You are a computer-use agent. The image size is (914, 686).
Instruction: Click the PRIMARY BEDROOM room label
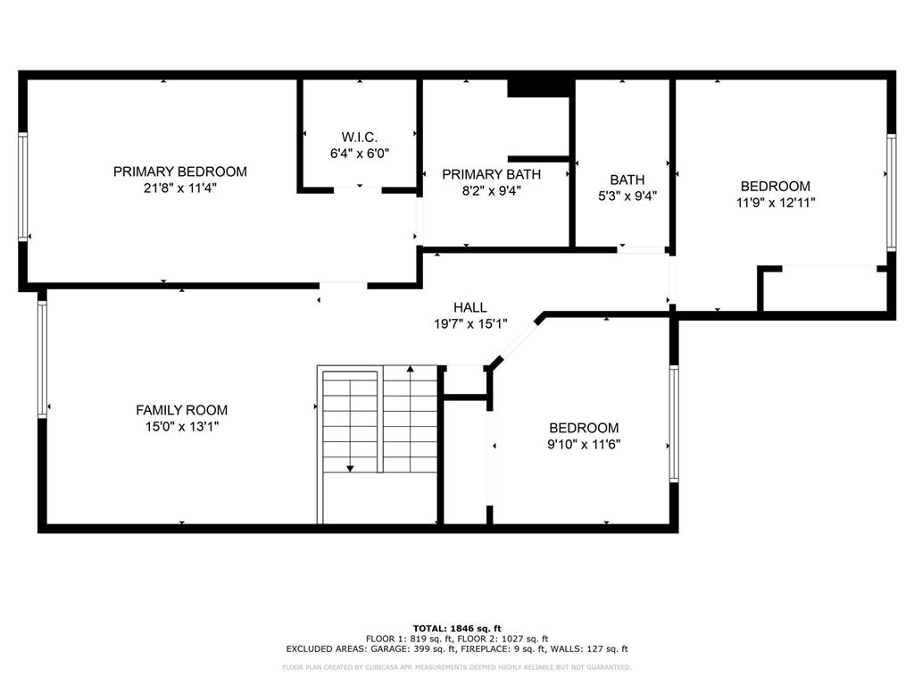coord(179,171)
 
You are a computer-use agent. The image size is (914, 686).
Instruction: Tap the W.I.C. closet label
coord(360,137)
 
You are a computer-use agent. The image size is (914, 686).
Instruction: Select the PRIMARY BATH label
coord(491,174)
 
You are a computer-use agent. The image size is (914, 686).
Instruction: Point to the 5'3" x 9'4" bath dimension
coord(627,197)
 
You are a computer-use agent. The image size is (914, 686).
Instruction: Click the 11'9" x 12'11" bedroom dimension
coord(776,203)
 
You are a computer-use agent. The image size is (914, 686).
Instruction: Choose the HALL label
coord(469,307)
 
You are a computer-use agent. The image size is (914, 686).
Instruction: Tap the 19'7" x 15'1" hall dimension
coord(469,324)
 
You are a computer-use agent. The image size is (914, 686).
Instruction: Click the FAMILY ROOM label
coord(181,410)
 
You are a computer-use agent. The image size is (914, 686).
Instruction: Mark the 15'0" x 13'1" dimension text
coord(181,427)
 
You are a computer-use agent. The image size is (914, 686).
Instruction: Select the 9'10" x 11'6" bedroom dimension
coord(584,444)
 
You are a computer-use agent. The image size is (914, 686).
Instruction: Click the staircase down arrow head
coord(351,467)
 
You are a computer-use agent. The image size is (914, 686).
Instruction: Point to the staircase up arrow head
coord(410,368)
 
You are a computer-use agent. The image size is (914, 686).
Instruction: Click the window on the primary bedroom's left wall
coord(23,187)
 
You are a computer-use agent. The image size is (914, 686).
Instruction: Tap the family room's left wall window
coord(41,358)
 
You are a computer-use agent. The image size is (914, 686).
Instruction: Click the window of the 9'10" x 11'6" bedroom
coord(674,423)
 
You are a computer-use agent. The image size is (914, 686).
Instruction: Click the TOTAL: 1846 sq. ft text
coord(456,628)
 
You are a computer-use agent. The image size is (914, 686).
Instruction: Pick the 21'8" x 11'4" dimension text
coord(179,188)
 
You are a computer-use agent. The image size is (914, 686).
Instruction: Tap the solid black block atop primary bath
coord(539,88)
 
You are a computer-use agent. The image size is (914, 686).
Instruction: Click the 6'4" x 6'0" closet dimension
coord(360,153)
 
